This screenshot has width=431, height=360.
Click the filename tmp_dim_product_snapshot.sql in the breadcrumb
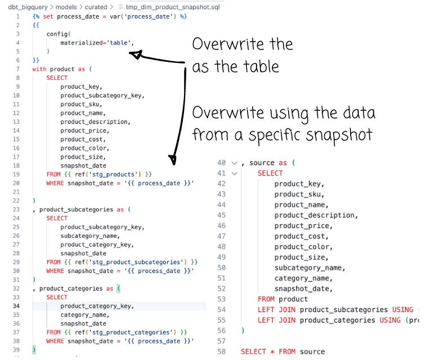pos(173,7)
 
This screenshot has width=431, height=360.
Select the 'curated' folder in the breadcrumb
pos(96,7)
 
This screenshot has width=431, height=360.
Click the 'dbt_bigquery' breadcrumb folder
pos(28,7)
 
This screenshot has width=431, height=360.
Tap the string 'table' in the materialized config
pos(119,43)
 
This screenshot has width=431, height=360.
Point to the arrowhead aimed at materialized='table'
pos(136,54)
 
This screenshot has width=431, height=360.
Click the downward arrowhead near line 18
pos(173,160)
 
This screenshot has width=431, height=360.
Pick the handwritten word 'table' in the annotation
pos(261,67)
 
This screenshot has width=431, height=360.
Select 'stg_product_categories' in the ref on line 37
pos(131,332)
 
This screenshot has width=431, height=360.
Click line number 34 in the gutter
pos(16,306)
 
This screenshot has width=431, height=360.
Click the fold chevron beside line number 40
pos(235,163)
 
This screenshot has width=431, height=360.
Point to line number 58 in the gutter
pos(221,352)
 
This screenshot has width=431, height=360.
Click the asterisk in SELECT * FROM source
pos(272,352)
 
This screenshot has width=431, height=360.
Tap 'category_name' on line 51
pos(302,278)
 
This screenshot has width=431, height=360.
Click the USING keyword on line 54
pos(403,310)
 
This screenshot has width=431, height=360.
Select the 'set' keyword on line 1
pos(48,16)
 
